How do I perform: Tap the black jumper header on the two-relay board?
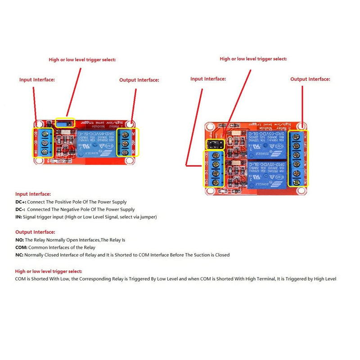click(x=215, y=144)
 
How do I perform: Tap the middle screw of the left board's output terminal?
click(x=127, y=143)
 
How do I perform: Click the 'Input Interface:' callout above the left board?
click(x=37, y=80)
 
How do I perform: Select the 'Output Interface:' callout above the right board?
click(x=310, y=79)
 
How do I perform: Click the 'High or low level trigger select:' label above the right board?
click(x=253, y=59)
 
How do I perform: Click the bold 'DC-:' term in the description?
click(x=21, y=209)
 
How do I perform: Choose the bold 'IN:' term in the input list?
click(x=18, y=217)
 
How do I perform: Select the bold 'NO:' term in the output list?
click(x=19, y=240)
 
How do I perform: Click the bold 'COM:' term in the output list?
click(x=21, y=247)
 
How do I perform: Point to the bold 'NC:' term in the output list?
click(x=19, y=255)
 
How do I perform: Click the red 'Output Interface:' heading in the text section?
click(x=35, y=232)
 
